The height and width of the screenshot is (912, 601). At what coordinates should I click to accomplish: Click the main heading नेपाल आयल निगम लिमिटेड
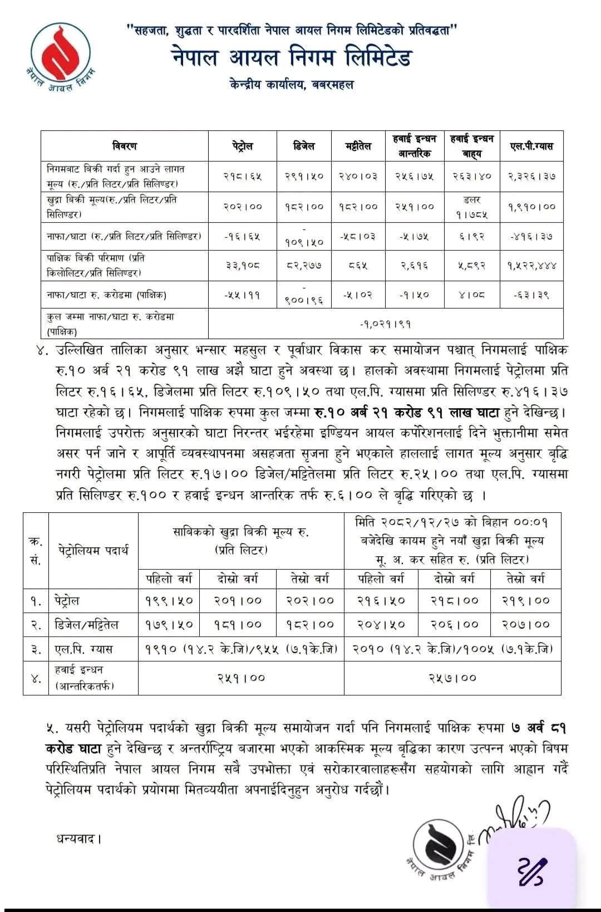(292, 58)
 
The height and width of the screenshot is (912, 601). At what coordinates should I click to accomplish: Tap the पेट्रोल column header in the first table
(243, 146)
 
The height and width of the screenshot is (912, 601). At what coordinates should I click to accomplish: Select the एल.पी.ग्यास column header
(531, 146)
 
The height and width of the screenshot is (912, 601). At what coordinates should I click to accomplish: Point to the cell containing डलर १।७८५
(471, 207)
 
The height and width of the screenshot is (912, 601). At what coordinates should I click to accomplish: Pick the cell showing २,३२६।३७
(531, 176)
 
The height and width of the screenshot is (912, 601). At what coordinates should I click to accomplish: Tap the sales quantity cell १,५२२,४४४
(531, 266)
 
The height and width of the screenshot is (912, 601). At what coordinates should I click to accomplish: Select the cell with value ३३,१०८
(243, 266)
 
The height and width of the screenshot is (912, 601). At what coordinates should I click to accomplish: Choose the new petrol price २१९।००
(525, 600)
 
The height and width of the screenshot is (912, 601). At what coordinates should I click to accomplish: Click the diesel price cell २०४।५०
(381, 625)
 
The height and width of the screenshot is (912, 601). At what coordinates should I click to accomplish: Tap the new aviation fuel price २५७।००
(452, 678)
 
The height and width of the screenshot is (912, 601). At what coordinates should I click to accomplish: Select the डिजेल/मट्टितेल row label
(88, 625)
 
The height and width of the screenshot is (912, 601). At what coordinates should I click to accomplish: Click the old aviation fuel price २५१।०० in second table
(241, 678)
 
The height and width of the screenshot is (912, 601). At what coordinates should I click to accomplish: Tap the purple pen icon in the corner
(533, 871)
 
